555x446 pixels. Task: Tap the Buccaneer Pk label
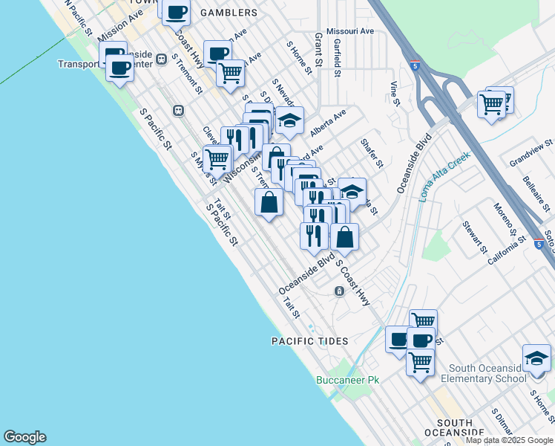[347, 380]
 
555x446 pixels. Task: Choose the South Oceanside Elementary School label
[487, 373]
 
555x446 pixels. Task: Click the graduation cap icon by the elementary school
[536, 358]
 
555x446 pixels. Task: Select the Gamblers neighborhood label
[227, 13]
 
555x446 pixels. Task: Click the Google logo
[24, 437]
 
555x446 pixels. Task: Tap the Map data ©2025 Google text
[510, 440]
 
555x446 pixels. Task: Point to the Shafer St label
[371, 152]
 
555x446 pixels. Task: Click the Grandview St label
[531, 152]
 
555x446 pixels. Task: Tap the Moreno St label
[503, 216]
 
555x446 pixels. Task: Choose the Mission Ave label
[119, 25]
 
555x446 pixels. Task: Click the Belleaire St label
[533, 192]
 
